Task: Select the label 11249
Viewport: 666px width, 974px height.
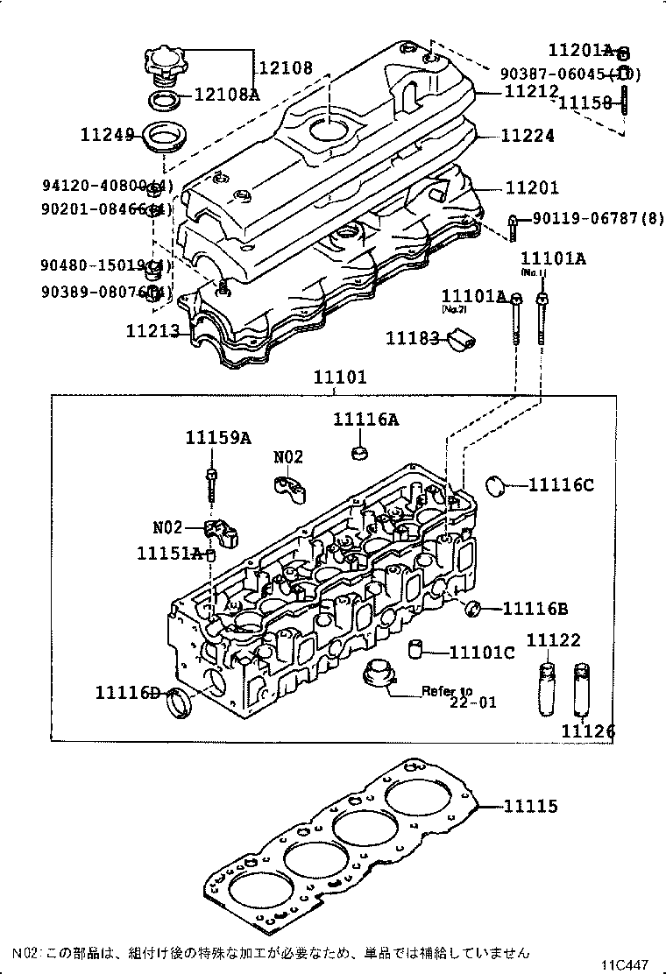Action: pos(107,135)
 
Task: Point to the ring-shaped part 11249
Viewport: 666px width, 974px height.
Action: pos(161,138)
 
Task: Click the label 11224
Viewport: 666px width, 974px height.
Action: pos(528,136)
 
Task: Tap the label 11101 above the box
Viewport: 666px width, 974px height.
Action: pos(341,378)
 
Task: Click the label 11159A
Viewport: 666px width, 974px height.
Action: pos(217,438)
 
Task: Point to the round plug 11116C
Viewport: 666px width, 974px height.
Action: pos(497,483)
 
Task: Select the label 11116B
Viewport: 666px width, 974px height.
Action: pos(536,609)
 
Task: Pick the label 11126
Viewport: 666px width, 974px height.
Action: pos(588,730)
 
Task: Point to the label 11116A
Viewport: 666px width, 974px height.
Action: pos(365,420)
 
